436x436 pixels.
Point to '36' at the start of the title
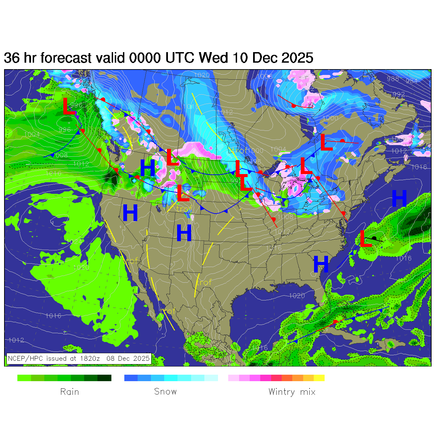(12, 58)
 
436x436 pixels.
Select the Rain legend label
(69, 392)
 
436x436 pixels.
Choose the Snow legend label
(165, 392)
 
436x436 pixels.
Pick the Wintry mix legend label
(292, 392)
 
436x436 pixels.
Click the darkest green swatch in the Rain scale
(105, 378)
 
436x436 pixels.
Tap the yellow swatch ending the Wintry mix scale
(319, 378)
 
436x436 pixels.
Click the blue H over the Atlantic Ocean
(399, 198)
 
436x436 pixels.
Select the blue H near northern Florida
(321, 264)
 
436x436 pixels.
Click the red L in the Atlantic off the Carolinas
(365, 239)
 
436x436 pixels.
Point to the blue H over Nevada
(130, 213)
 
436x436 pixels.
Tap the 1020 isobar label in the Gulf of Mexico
(297, 296)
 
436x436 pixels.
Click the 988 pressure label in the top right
(393, 79)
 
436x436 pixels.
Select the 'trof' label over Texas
(204, 282)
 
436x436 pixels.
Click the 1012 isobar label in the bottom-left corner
(16, 340)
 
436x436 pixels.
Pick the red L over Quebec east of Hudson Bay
(326, 142)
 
